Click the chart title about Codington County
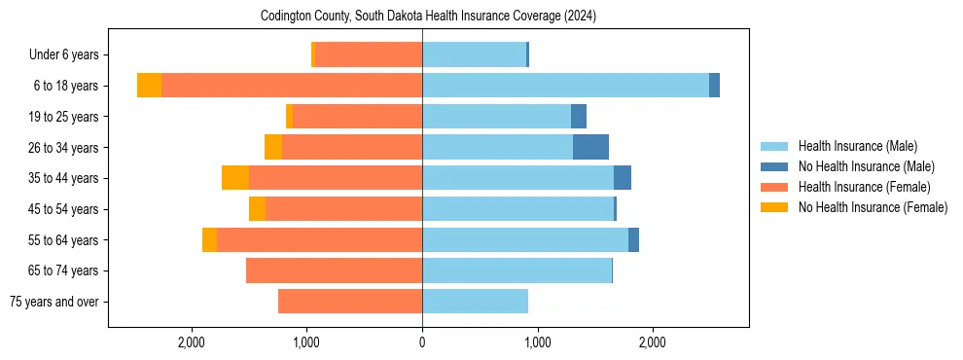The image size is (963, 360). [428, 17]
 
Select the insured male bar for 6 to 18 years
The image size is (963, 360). [565, 86]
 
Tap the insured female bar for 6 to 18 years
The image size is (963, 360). [292, 86]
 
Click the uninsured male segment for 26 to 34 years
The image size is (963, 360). [590, 147]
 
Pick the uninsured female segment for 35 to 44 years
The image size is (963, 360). [235, 178]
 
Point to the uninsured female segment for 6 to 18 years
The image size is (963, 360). [149, 86]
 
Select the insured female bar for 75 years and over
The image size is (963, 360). [350, 302]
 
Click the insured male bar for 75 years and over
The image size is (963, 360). [475, 302]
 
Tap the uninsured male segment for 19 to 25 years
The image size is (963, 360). [579, 117]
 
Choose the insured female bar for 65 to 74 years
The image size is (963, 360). [334, 270]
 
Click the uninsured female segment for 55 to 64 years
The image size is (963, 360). [209, 239]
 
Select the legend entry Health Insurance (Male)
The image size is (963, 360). [857, 146]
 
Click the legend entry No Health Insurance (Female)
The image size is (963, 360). [873, 207]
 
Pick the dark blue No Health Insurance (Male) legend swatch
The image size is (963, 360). [774, 166]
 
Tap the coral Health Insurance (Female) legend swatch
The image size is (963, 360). [774, 187]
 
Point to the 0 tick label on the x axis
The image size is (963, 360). [422, 342]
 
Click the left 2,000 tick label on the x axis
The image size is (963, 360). [192, 342]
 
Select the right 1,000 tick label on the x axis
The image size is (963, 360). [538, 342]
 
